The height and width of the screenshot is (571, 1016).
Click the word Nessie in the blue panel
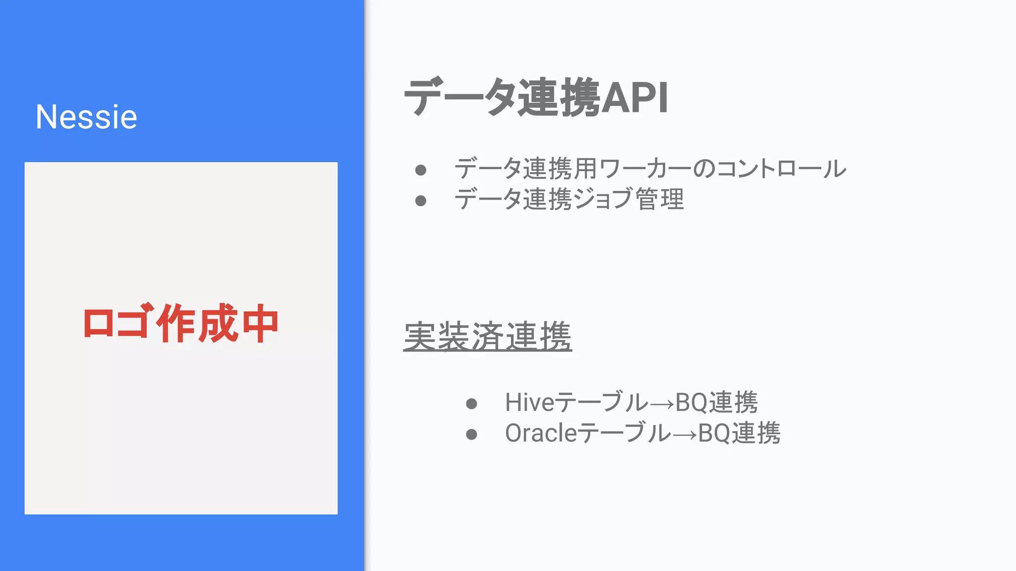point(86,117)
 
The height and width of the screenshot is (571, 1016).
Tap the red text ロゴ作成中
point(181,324)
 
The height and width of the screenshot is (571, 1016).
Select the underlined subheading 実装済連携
point(487,337)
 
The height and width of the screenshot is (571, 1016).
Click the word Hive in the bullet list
point(529,402)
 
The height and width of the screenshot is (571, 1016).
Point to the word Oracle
point(541,433)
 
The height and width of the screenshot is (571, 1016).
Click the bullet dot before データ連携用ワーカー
point(421,170)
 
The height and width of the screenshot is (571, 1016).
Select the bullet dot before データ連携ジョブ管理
point(421,201)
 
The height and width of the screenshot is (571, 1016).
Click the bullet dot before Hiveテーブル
point(471,403)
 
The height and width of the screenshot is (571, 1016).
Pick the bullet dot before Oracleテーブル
point(471,435)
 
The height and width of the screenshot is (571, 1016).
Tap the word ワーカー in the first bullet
point(644,169)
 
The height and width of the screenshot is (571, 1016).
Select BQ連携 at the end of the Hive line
point(716,402)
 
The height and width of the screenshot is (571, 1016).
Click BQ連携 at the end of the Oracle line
point(739,433)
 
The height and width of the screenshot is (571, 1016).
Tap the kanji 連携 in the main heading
point(559,98)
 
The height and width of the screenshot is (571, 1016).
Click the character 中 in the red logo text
point(260,324)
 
